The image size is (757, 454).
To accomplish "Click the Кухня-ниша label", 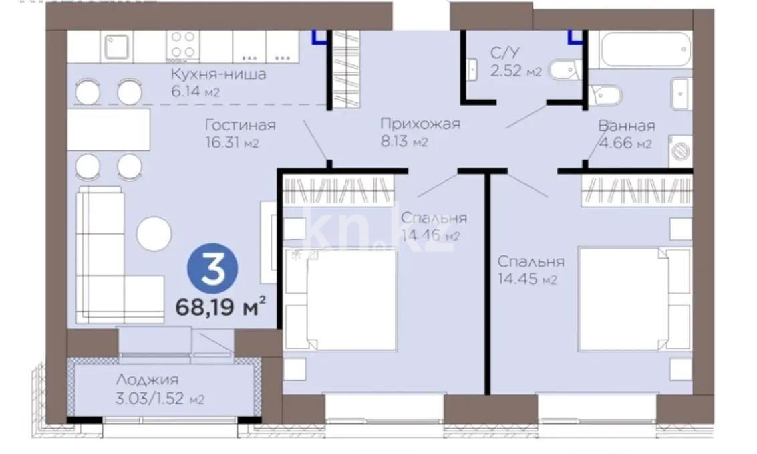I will [x=218, y=74].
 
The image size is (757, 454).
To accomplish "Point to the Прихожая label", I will [x=420, y=124].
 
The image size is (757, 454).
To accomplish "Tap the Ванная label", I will [x=626, y=126].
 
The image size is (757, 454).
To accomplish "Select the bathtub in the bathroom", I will [x=645, y=48].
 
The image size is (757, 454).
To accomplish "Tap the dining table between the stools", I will [x=108, y=129].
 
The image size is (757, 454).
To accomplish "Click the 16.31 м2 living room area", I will [x=232, y=142].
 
